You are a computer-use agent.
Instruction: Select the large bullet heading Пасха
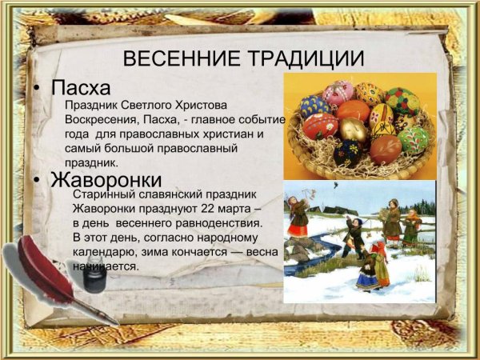tap(80, 86)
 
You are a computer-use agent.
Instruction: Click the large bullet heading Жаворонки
tap(106, 178)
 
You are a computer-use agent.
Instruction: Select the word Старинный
tap(102, 194)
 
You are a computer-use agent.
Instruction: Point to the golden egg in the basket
tap(353, 129)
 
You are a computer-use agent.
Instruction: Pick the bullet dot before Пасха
tap(38, 87)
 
